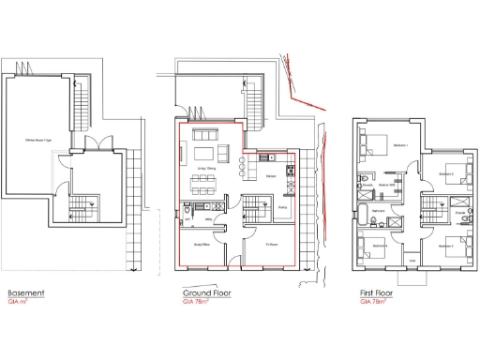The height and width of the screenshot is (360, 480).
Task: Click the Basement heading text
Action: tap(25, 293)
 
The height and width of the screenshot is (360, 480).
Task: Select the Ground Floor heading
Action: tap(206, 293)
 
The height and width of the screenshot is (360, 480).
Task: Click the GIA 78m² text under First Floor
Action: tap(374, 303)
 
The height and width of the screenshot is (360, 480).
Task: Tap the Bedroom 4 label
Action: tap(379, 245)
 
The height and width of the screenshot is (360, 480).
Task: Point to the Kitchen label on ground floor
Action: tap(269, 175)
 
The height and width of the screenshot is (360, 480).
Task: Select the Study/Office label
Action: tap(199, 244)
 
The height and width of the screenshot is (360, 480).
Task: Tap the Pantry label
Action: tap(281, 208)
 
